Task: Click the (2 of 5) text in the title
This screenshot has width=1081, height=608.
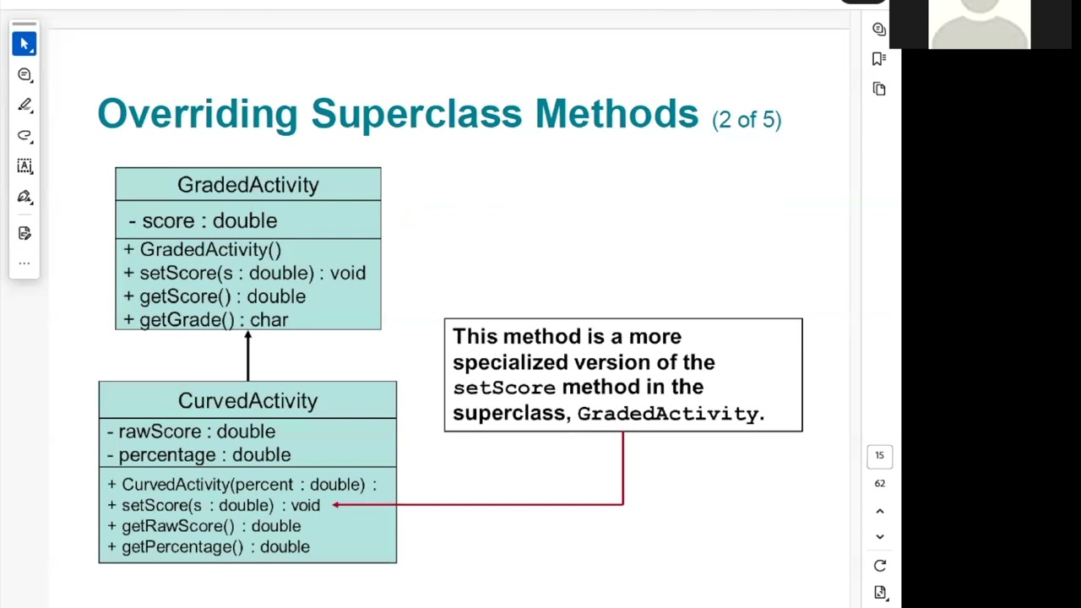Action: pos(747,119)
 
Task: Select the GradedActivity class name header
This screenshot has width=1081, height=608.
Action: pos(247,185)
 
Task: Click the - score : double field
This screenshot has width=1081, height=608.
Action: pos(203,220)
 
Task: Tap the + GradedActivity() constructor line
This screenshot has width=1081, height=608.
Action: pos(202,250)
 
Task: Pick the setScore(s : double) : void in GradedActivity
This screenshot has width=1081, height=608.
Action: pos(244,273)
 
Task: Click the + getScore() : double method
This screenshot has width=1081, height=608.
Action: pos(215,296)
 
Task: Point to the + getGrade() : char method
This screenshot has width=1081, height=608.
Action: pos(205,320)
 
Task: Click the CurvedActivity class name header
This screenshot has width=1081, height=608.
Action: pos(247,400)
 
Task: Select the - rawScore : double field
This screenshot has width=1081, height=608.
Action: pos(191,432)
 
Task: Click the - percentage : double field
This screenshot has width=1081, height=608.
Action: pos(198,454)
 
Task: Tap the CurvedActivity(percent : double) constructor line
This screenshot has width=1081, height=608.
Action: pos(242,485)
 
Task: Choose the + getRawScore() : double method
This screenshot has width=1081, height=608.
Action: pos(204,526)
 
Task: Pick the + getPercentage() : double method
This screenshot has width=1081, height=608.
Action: pos(208,547)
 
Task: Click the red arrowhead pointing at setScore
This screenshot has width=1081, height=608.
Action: pos(337,505)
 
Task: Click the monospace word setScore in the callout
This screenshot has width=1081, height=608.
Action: pos(504,388)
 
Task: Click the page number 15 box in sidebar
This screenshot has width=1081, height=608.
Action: pos(879,456)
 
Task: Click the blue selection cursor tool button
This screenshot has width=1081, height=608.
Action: pos(24,43)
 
